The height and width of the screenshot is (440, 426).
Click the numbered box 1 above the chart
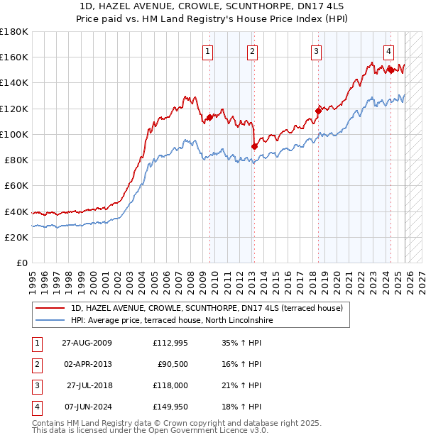[207, 51]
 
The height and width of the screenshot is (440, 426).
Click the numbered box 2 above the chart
[252, 51]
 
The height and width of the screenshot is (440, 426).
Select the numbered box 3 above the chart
[316, 51]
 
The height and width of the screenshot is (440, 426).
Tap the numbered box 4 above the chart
[389, 51]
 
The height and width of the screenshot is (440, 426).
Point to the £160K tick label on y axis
[14, 57]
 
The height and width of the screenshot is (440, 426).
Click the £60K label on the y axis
[16, 185]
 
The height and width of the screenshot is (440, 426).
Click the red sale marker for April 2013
[254, 147]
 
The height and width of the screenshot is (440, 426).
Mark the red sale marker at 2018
[319, 111]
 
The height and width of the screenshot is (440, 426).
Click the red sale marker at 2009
[209, 118]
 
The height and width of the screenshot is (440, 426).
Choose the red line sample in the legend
[51, 308]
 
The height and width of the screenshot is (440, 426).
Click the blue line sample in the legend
[51, 320]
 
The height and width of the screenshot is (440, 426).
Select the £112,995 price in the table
[170, 343]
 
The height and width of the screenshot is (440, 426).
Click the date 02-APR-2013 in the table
[87, 364]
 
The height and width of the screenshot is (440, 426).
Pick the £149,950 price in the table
[170, 407]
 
